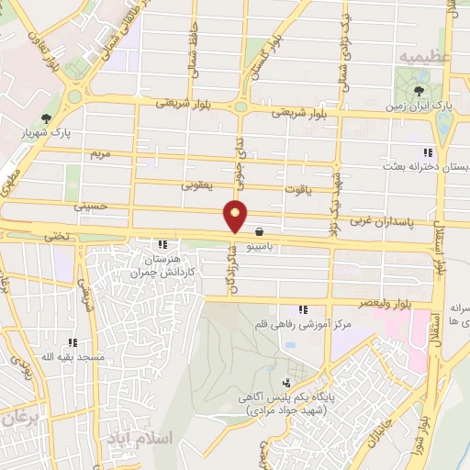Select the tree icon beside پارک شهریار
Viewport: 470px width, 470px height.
47,118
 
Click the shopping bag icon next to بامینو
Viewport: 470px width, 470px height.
260,231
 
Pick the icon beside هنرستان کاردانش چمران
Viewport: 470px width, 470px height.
162,245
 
